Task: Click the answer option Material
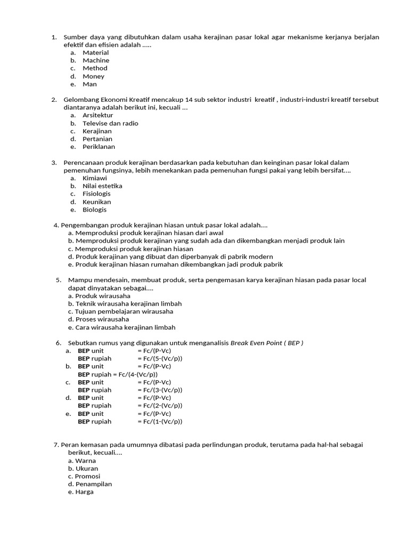tap(95, 53)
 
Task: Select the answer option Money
tap(93, 76)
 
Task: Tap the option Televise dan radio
tap(110, 123)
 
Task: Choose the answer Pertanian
tap(97, 139)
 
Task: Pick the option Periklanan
tap(99, 147)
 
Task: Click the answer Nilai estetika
tap(102, 186)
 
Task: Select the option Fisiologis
tap(96, 194)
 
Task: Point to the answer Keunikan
tap(96, 202)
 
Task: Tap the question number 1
tap(54, 37)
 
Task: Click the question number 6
tap(58, 343)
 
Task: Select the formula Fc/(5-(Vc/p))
tap(159, 359)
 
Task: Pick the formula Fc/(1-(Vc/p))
tap(159, 422)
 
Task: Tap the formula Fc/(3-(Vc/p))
tap(159, 390)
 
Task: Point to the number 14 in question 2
tap(189, 100)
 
